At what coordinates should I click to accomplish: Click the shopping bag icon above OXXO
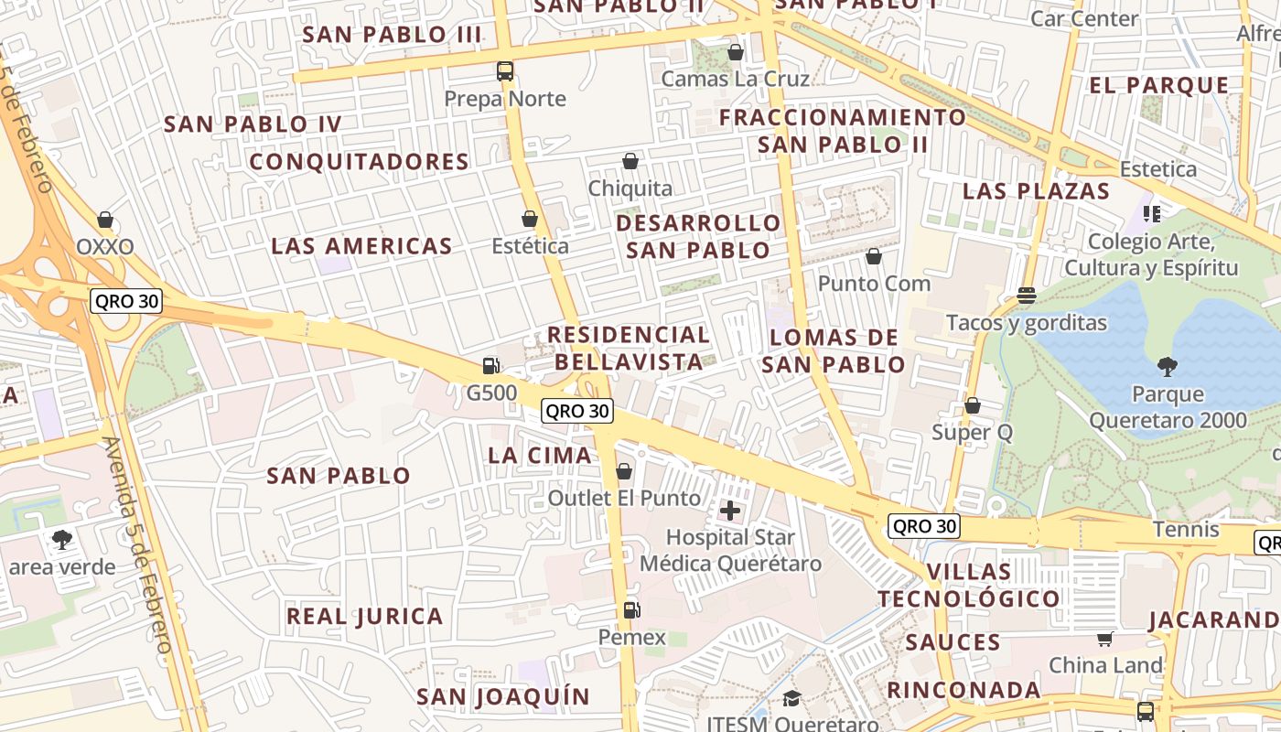click(105, 220)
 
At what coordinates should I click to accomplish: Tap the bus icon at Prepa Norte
click(505, 70)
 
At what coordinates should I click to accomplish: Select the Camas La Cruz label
click(735, 79)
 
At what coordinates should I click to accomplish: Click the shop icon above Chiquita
click(630, 162)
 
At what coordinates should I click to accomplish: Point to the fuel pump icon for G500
click(491, 366)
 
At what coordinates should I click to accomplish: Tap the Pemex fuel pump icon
click(630, 609)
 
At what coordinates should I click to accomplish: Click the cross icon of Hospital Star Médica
click(730, 510)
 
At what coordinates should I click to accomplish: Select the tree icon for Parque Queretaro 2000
click(1167, 367)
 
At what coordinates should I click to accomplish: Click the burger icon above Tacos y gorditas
click(1026, 296)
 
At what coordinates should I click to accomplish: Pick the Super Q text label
click(972, 432)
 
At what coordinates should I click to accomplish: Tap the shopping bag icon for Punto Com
click(874, 256)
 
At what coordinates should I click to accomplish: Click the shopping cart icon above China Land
click(1105, 639)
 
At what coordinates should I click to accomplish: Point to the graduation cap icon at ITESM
click(791, 699)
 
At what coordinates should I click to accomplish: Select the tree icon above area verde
click(62, 539)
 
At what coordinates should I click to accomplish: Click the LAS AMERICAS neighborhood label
click(361, 246)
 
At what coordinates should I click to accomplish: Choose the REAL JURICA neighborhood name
click(365, 616)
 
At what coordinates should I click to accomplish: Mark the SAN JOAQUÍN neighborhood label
click(503, 696)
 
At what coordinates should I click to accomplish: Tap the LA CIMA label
click(540, 455)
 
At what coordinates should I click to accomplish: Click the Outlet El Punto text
click(624, 498)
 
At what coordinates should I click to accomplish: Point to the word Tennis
click(1186, 529)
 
